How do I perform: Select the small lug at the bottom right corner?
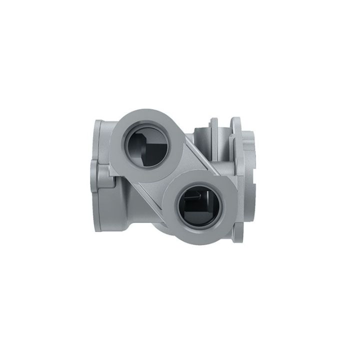click(240, 232)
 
